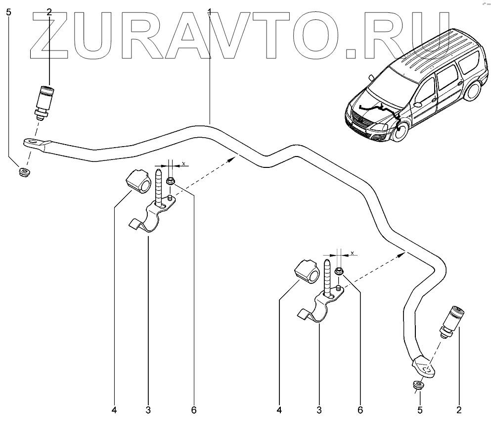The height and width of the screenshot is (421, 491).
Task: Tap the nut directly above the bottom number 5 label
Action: [x=418, y=385]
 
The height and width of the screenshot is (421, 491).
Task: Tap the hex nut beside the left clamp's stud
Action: [x=170, y=182]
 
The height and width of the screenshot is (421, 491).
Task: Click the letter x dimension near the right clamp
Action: [x=352, y=254]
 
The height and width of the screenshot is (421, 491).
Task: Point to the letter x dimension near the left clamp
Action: [x=183, y=163]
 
